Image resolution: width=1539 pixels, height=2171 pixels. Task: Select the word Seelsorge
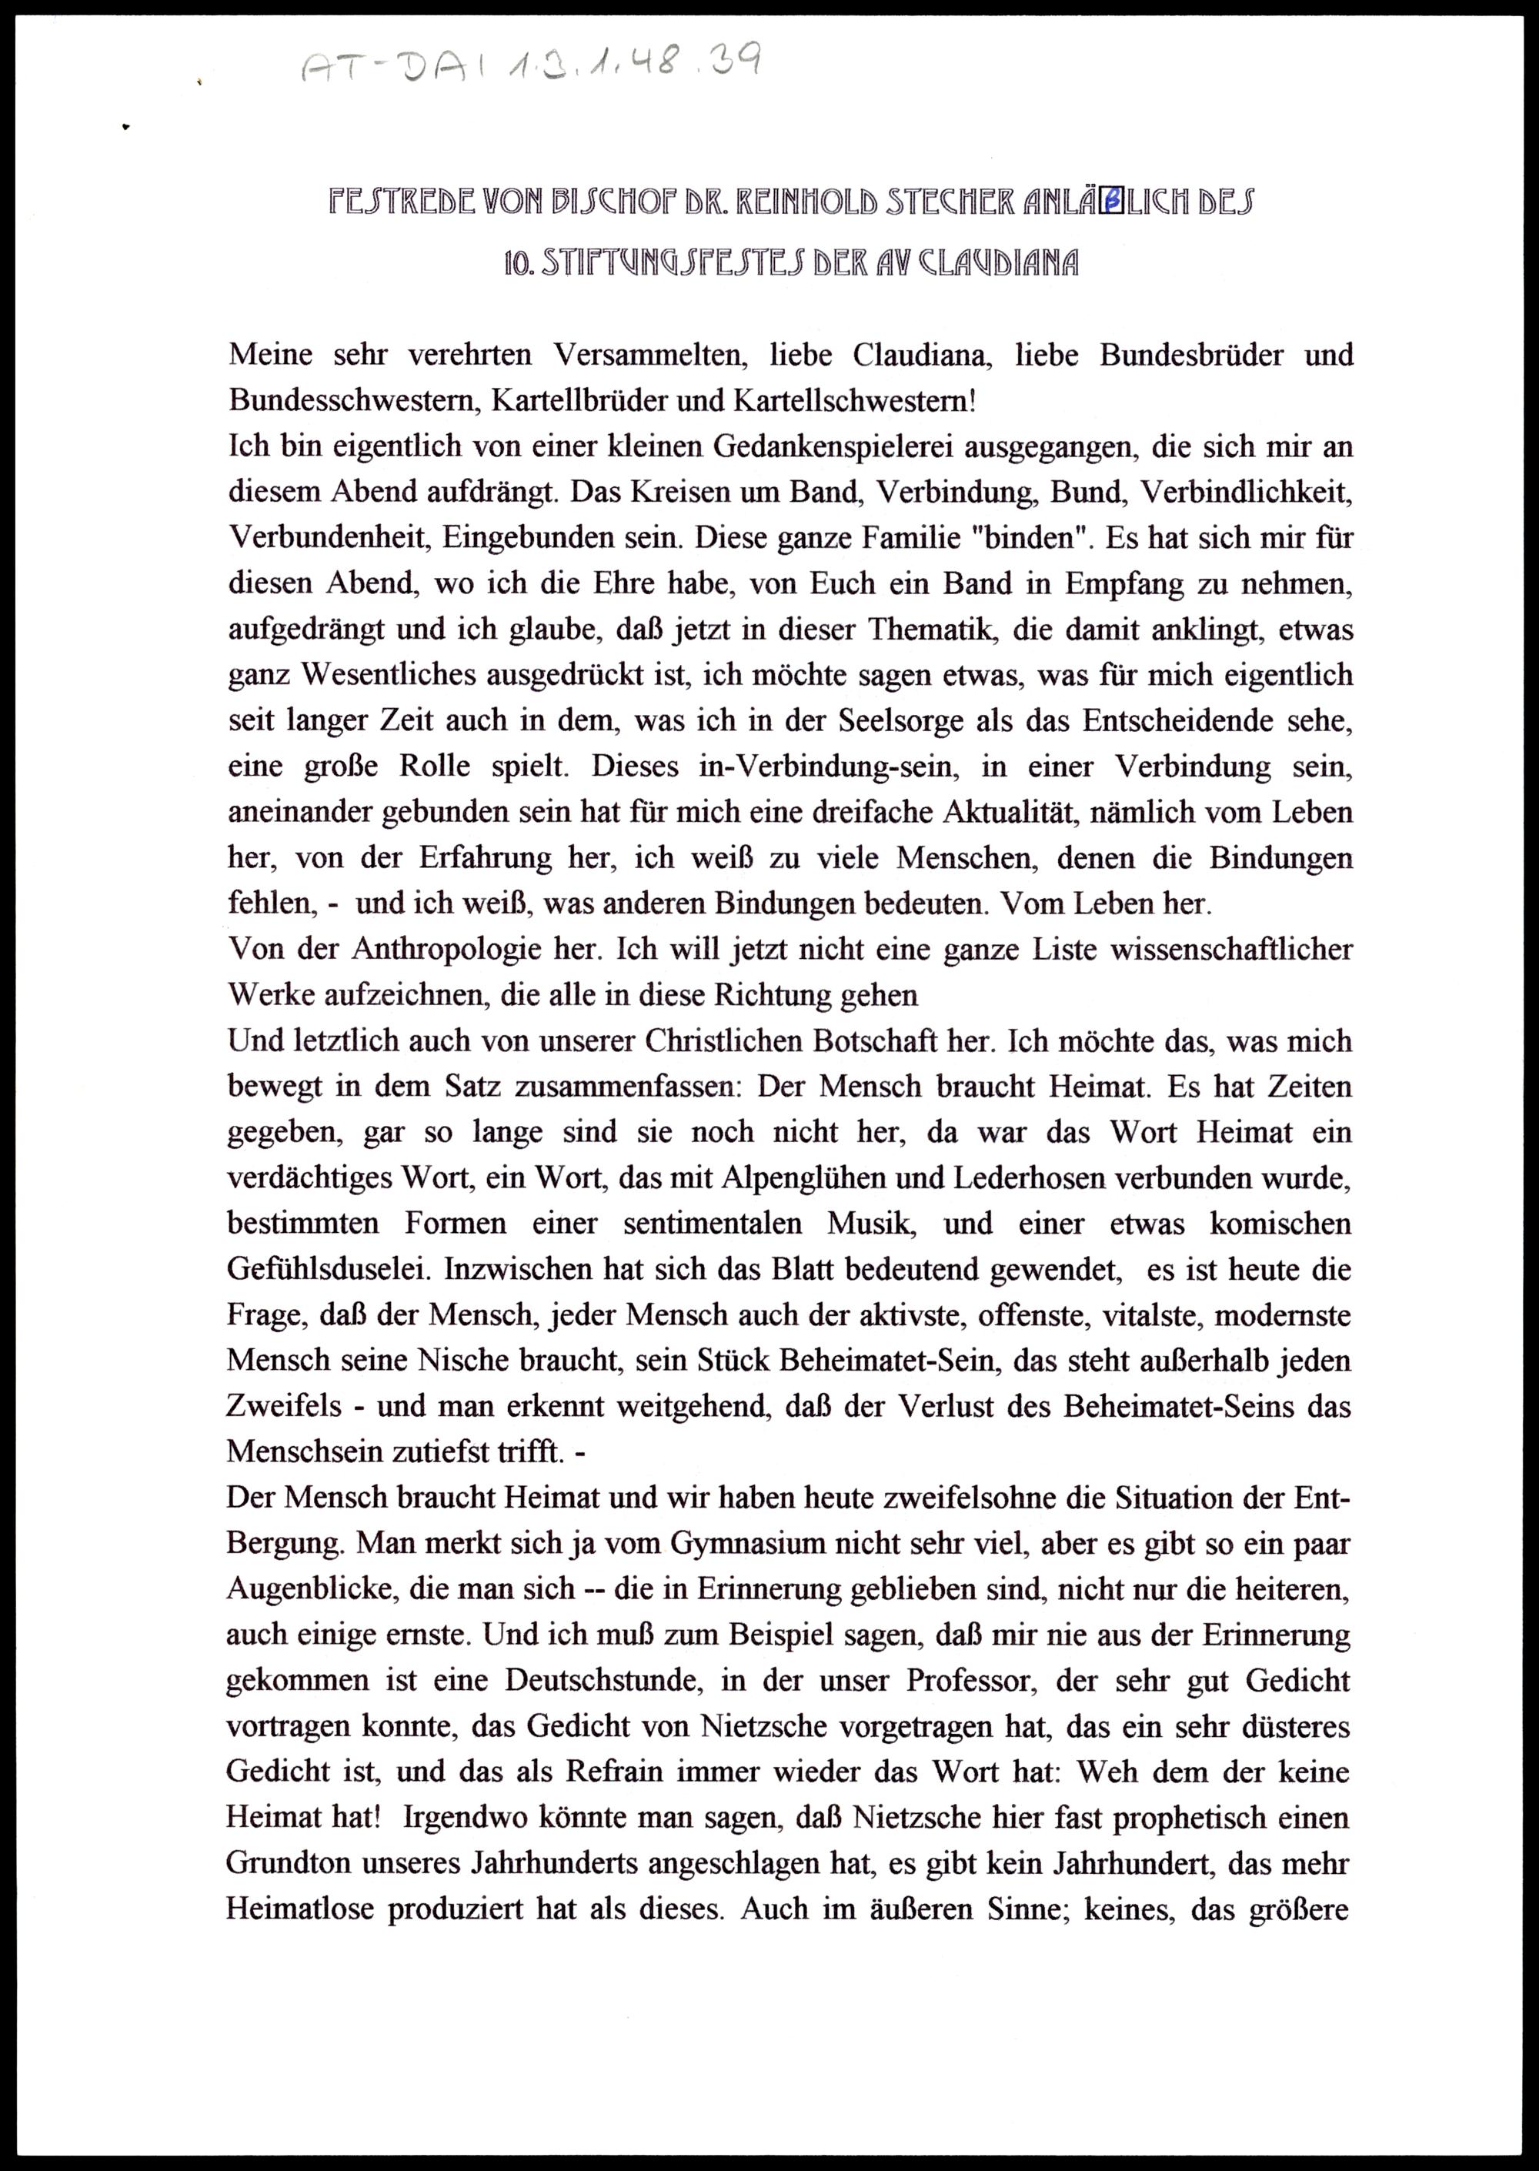(909, 721)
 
